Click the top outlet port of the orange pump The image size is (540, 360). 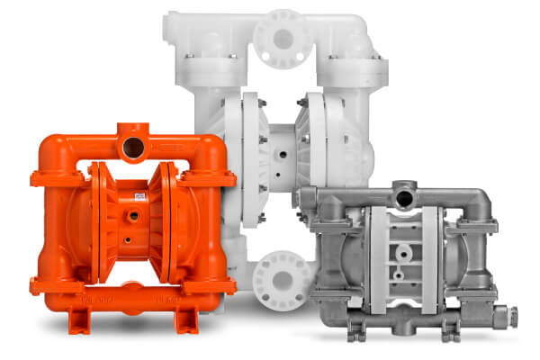(x=132, y=145)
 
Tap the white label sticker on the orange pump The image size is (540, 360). (x=139, y=195)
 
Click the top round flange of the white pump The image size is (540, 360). (x=281, y=38)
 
